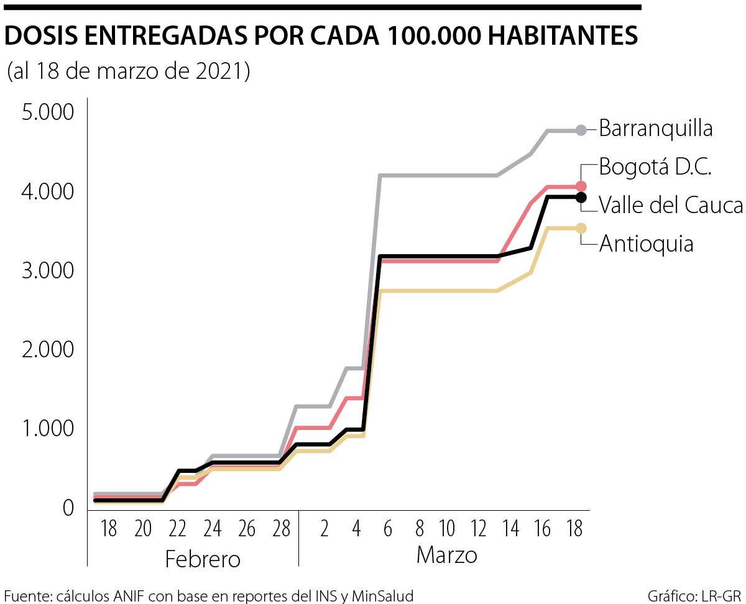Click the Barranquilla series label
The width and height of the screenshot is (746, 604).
point(656,129)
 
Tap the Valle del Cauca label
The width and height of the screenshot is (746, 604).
point(671,205)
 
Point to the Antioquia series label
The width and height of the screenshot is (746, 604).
point(646,244)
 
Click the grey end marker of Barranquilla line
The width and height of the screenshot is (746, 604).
point(581,130)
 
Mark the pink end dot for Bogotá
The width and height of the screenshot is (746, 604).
point(581,186)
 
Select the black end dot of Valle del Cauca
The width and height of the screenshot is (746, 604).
point(581,197)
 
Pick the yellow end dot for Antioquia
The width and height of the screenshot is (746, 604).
point(581,228)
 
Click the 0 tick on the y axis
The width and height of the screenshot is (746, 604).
point(68,508)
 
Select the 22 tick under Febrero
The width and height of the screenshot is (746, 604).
point(178,529)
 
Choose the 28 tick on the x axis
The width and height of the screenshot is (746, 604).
point(282,529)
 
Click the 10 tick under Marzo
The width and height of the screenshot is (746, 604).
point(447,529)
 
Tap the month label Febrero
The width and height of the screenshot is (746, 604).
point(203,559)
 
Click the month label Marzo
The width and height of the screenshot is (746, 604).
point(446,554)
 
